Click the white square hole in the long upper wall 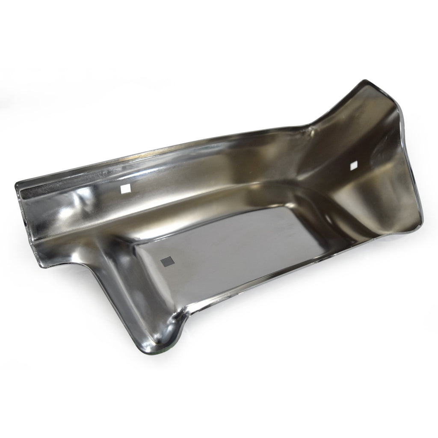pos(125,189)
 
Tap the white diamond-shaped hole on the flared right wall pos(353,165)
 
